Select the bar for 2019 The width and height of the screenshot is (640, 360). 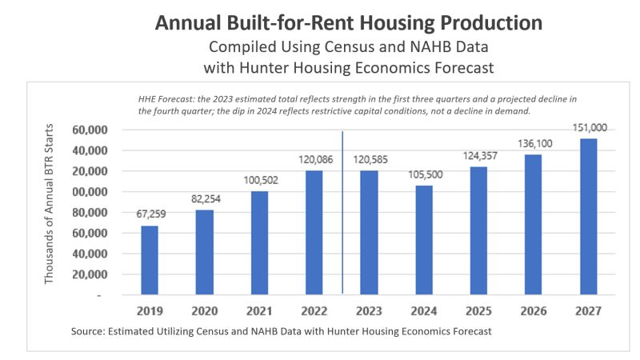click(x=150, y=260)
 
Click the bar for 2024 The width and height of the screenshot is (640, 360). click(x=424, y=240)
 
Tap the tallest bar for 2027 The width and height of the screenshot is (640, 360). click(x=588, y=217)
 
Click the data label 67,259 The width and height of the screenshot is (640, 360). click(x=150, y=215)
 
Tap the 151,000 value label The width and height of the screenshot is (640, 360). click(x=588, y=126)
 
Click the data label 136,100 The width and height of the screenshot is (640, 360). click(x=534, y=143)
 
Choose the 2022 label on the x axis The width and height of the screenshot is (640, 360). click(x=314, y=310)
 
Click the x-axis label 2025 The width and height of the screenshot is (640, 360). click(x=478, y=310)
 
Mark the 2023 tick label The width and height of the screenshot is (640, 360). click(x=369, y=310)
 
